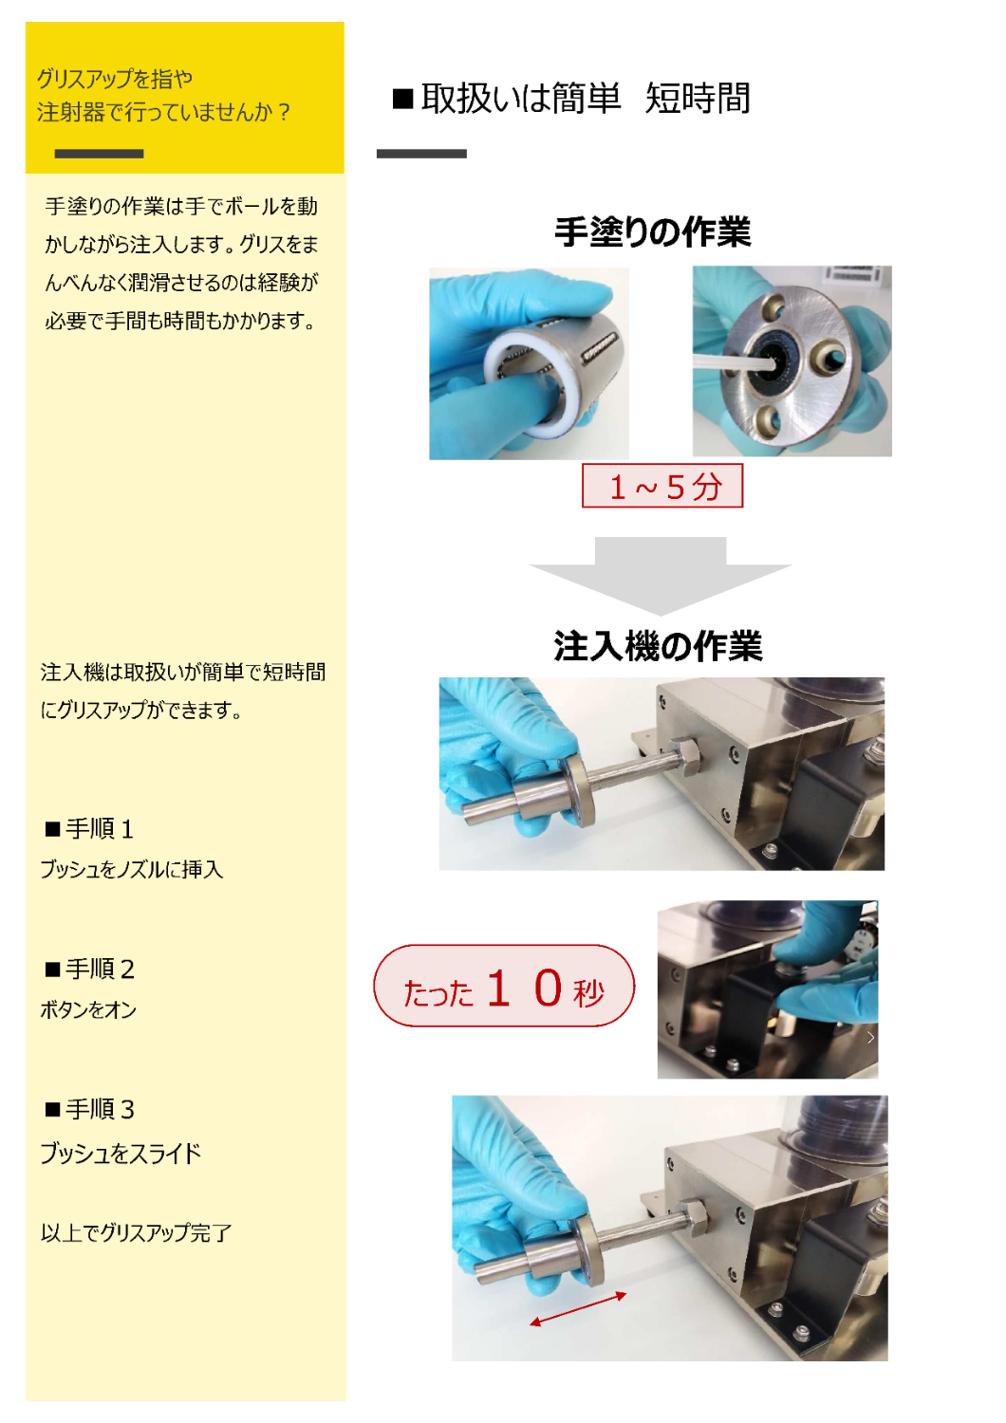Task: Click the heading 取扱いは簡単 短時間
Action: point(570,99)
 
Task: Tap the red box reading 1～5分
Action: point(662,486)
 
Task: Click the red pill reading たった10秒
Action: point(504,986)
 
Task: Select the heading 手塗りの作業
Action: point(653,231)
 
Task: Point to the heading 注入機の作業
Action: point(658,646)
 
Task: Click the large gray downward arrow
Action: point(661,576)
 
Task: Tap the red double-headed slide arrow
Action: point(578,1309)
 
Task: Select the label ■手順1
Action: point(89,829)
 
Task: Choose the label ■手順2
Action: point(89,970)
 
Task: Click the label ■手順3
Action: point(89,1110)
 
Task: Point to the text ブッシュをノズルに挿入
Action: point(132,869)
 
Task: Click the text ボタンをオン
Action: point(88,1009)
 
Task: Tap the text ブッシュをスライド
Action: point(121,1153)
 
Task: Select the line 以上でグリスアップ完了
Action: point(136,1233)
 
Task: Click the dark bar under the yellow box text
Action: point(99,154)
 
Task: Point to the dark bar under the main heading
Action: point(421,154)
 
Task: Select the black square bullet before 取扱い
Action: point(403,99)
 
